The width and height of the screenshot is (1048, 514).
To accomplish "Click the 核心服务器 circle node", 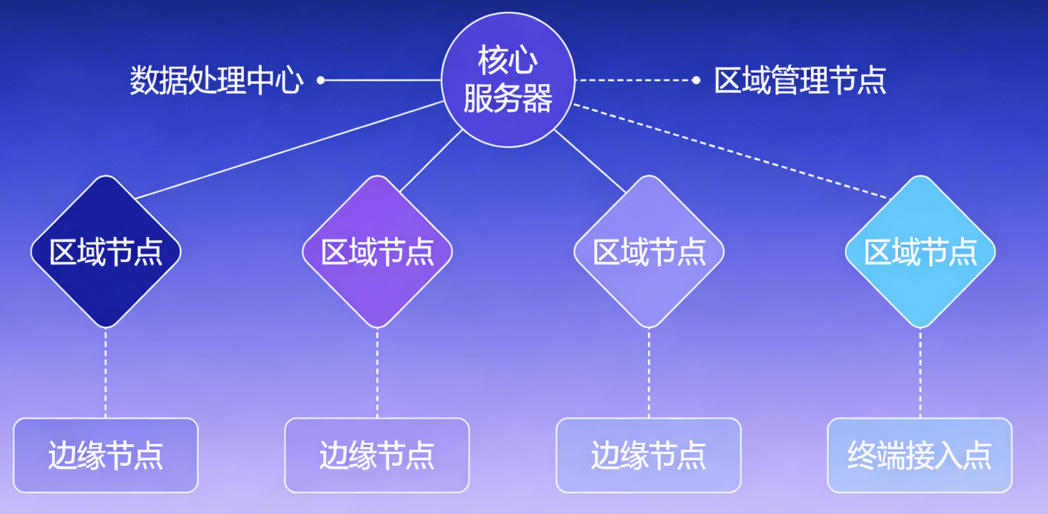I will [x=508, y=80].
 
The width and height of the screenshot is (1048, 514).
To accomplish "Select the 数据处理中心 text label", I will [x=216, y=80].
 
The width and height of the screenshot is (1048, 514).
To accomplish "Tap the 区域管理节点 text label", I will [x=800, y=80].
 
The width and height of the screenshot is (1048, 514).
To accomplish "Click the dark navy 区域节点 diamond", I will [x=106, y=251].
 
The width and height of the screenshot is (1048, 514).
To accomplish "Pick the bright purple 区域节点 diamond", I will [x=377, y=251].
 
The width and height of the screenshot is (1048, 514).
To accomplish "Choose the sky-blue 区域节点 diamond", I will [x=920, y=251].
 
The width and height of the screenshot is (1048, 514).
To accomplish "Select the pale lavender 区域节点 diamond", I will [x=649, y=251].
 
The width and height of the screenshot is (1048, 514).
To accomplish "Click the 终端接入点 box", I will [x=919, y=455].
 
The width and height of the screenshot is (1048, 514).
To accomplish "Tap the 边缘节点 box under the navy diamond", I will [x=106, y=455].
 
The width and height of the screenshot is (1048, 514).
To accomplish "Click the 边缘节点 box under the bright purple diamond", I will [x=377, y=455].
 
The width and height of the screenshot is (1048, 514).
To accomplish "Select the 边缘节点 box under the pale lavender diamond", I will [x=648, y=455].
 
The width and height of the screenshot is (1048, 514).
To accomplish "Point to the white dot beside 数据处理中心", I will [x=320, y=80].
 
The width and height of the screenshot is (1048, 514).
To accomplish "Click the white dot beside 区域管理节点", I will [x=696, y=80].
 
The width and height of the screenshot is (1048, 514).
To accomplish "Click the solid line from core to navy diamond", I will [x=290, y=150].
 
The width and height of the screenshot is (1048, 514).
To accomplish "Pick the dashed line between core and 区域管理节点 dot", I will [x=635, y=80].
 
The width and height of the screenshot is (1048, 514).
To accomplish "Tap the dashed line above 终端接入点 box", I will [x=920, y=372].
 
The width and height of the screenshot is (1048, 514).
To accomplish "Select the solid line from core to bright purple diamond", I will [x=432, y=161].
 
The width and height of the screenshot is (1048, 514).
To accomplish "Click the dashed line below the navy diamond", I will [x=106, y=372].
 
